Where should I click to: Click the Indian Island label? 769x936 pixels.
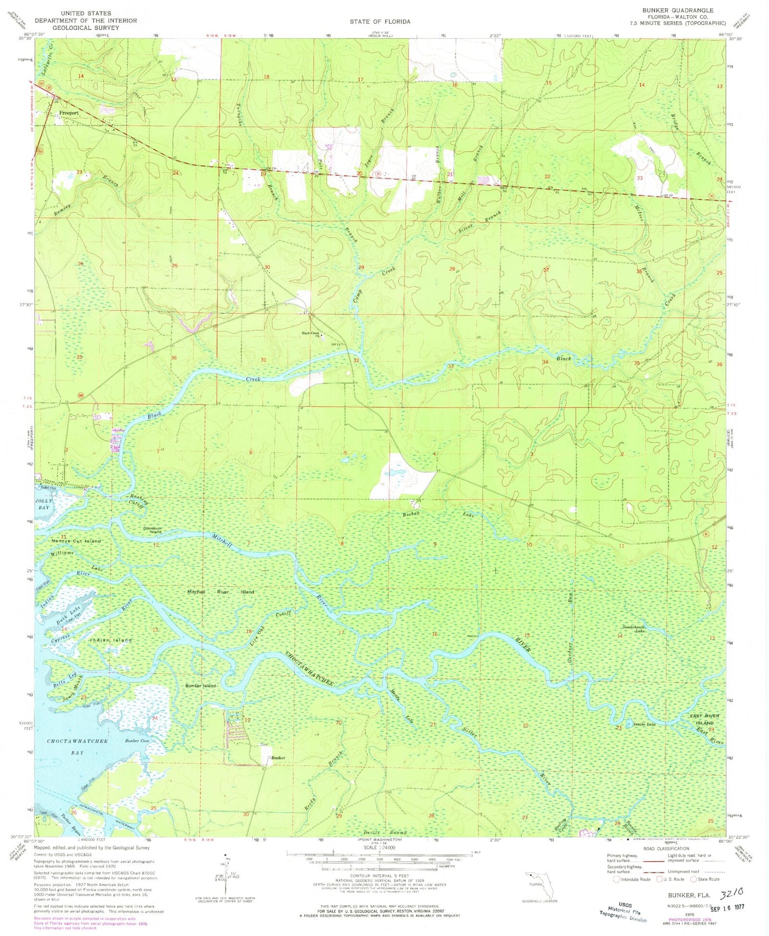(x=111, y=640)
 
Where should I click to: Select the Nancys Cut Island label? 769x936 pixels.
(x=75, y=541)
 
